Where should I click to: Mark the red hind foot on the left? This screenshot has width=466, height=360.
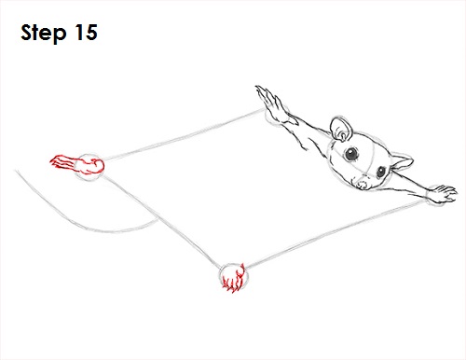coord(75,165)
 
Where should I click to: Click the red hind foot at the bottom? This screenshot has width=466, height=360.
coord(233,279)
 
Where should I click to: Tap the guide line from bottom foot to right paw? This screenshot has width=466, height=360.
coord(326,238)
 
